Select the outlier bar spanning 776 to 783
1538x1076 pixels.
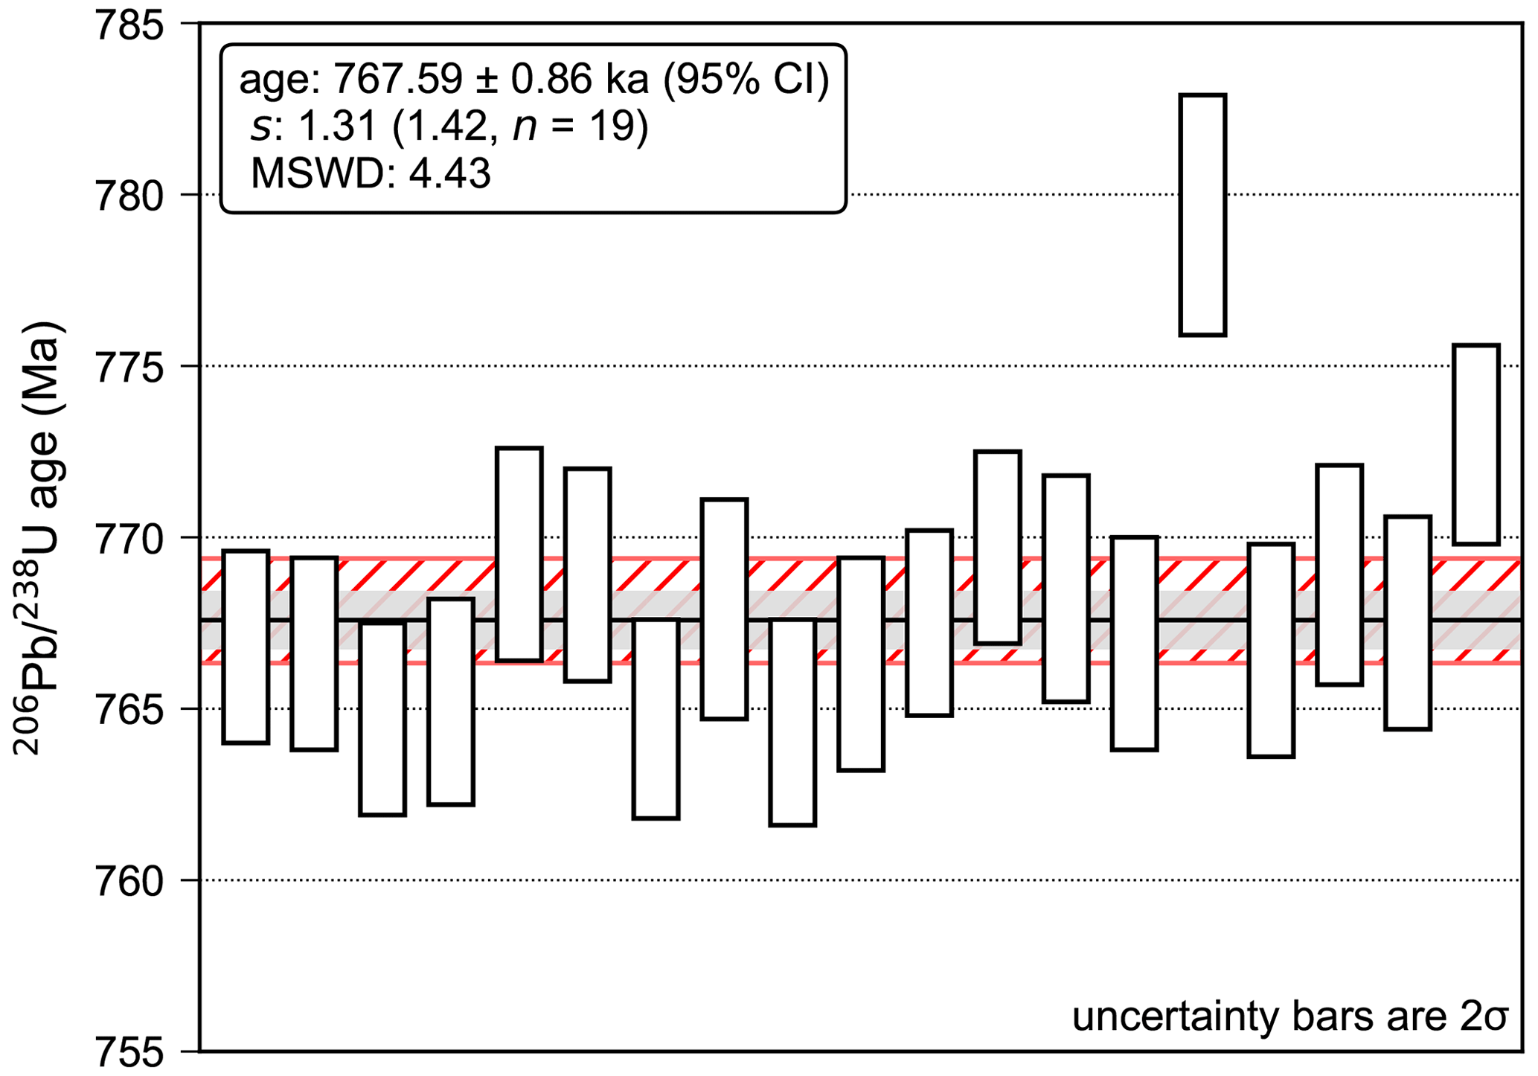click(x=1202, y=215)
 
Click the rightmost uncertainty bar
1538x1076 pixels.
click(x=1476, y=444)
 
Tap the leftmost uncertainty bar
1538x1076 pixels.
click(x=246, y=647)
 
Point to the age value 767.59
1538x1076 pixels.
click(x=398, y=79)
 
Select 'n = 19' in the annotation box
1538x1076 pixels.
click(x=573, y=127)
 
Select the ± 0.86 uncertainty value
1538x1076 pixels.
click(x=539, y=79)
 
